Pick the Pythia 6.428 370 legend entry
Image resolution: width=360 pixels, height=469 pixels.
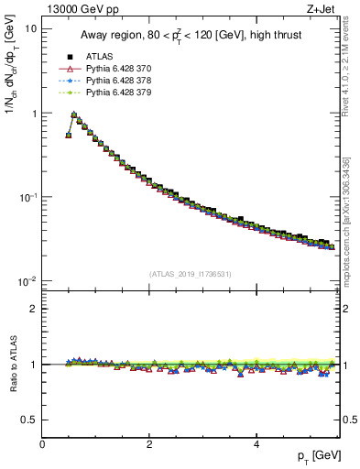[x=110, y=68]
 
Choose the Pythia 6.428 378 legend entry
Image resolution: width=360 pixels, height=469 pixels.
[x=110, y=80]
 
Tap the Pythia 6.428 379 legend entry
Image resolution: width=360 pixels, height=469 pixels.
[x=110, y=92]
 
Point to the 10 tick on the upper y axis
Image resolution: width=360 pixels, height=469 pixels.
[x=30, y=29]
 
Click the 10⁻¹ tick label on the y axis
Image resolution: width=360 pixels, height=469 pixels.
[x=28, y=197]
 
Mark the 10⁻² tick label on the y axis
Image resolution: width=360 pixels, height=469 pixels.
[x=28, y=281]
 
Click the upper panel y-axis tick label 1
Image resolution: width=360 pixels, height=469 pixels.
[x=34, y=114]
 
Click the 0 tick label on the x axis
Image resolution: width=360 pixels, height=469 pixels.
[x=43, y=444]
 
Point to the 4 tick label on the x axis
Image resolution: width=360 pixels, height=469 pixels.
[x=256, y=444]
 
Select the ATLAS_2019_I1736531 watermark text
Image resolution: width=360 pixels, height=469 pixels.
[x=191, y=273]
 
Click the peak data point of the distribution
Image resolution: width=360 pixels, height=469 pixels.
[x=74, y=116]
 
